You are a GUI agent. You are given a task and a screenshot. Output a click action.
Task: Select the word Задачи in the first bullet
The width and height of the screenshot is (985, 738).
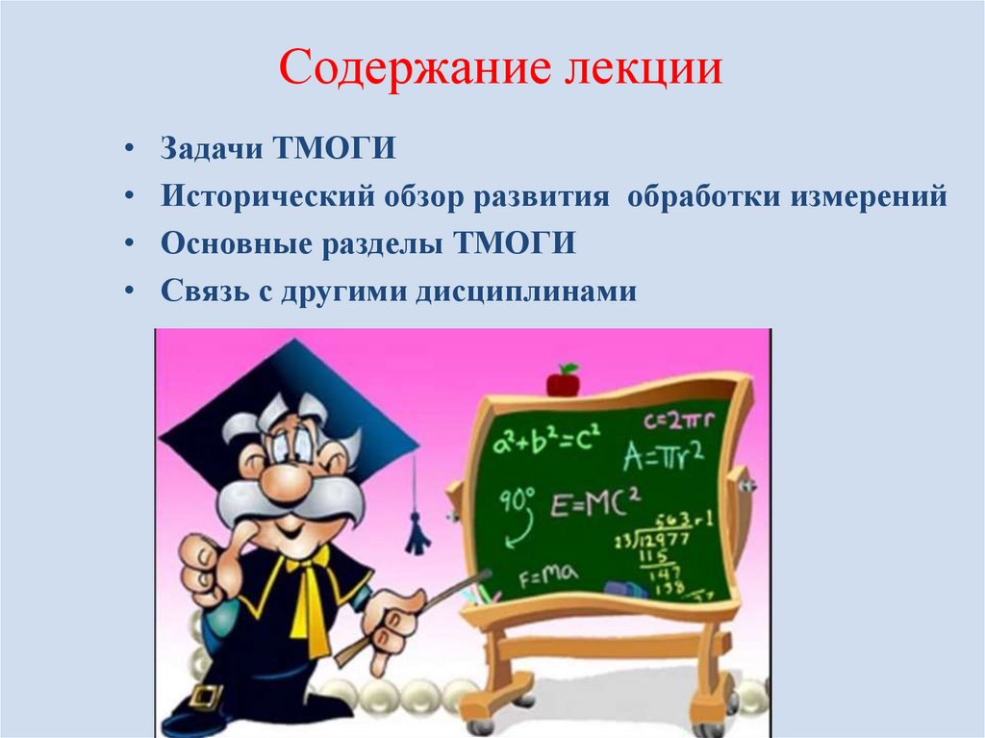click(x=210, y=151)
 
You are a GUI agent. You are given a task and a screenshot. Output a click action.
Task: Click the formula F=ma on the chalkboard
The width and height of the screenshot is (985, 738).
click(x=547, y=577)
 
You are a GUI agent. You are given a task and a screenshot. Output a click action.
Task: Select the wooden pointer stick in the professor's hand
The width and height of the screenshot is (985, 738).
click(x=414, y=616)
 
